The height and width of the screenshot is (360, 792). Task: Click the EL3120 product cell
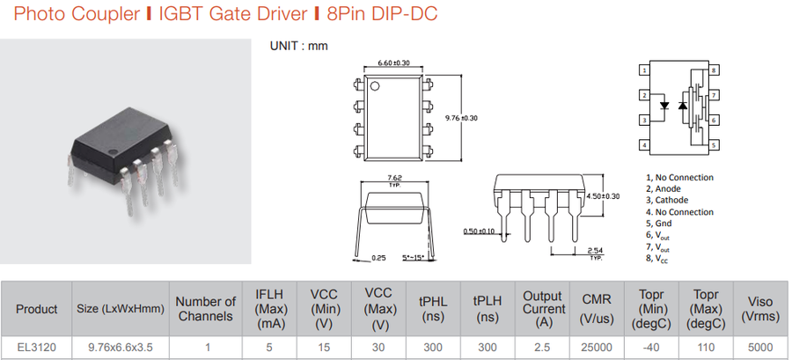[36, 348]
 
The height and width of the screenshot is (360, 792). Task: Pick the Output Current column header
[543, 309]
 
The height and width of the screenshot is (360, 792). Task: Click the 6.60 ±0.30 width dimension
[393, 63]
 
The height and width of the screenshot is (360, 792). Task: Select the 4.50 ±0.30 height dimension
[604, 195]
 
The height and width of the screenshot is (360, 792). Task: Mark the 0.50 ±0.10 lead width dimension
[479, 231]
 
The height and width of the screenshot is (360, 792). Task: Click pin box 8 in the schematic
[715, 70]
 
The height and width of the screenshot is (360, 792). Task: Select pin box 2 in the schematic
[645, 94]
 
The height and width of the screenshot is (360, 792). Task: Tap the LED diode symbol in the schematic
[666, 107]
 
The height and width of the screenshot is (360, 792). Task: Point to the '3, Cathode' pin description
[666, 200]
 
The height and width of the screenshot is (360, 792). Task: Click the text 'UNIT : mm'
[298, 46]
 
